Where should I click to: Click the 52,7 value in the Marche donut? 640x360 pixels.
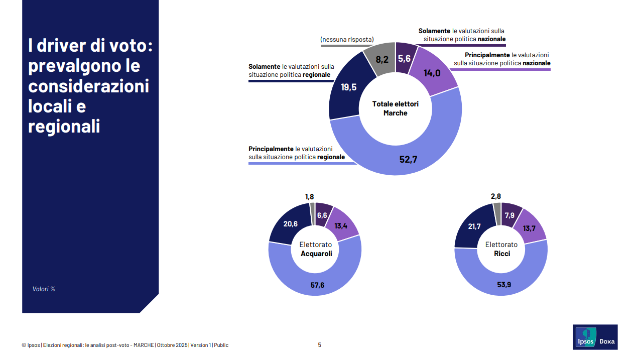[408, 160]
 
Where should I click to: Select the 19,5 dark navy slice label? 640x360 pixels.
[348, 87]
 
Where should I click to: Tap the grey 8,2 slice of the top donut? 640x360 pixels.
[382, 59]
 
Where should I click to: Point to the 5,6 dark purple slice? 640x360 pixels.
[404, 58]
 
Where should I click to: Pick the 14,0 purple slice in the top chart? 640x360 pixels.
[432, 73]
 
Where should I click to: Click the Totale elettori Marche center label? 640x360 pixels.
[395, 108]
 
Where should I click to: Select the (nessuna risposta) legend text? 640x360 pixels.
[347, 40]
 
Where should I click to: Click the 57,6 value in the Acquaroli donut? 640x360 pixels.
[317, 285]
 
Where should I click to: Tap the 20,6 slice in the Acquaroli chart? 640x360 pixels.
[291, 224]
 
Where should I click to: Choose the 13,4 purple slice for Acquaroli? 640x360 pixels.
[341, 225]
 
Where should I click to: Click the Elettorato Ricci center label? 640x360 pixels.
[501, 249]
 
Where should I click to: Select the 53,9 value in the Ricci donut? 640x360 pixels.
[504, 285]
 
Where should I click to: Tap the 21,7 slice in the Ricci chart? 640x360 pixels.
[474, 226]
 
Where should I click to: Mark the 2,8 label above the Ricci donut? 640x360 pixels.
[496, 196]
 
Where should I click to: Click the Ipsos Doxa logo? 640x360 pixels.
[595, 337]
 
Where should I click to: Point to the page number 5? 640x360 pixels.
[319, 345]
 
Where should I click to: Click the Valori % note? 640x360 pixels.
[44, 289]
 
